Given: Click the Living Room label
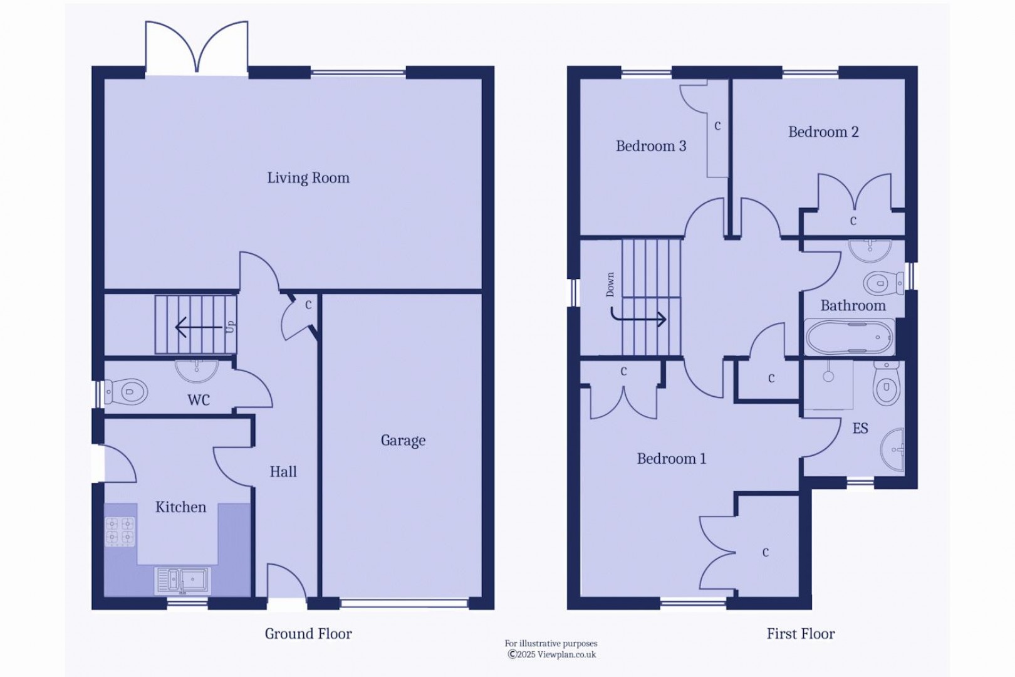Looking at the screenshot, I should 308,178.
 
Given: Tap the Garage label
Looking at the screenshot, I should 403,441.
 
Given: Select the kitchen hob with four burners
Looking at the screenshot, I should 120,530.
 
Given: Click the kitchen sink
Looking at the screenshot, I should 182,580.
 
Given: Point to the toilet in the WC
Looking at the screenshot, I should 127,392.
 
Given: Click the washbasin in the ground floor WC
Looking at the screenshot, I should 196,370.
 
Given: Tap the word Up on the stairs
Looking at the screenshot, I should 230,327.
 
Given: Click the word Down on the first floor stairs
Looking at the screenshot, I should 610,285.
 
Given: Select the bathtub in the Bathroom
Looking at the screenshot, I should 850,337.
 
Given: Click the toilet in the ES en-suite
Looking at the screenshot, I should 886,384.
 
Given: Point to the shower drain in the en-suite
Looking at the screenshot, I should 828,377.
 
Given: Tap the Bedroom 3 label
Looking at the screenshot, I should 651,146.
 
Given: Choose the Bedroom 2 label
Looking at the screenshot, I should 823,132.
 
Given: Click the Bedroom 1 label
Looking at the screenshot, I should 671,459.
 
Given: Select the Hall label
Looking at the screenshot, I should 283,472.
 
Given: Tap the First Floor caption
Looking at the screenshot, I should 801,634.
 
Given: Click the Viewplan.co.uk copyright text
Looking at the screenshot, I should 551,654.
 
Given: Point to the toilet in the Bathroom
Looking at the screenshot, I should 883,283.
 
